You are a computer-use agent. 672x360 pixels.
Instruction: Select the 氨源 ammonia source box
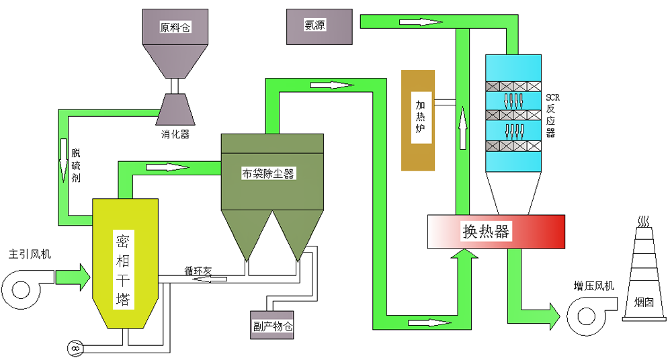pyautogui.click(x=319, y=26)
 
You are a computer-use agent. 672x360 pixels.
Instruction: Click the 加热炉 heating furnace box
pyautogui.click(x=419, y=120)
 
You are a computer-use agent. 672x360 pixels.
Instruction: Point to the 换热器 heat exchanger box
pyautogui.click(x=496, y=231)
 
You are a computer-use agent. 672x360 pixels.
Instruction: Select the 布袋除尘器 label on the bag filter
pyautogui.click(x=269, y=174)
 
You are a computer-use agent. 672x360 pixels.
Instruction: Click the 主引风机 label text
pyautogui.click(x=29, y=255)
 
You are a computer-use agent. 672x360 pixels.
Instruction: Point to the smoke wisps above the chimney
pyautogui.click(x=644, y=221)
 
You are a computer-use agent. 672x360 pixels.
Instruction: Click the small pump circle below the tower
pyautogui.click(x=73, y=348)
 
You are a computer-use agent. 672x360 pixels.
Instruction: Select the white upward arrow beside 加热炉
pyautogui.click(x=463, y=126)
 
